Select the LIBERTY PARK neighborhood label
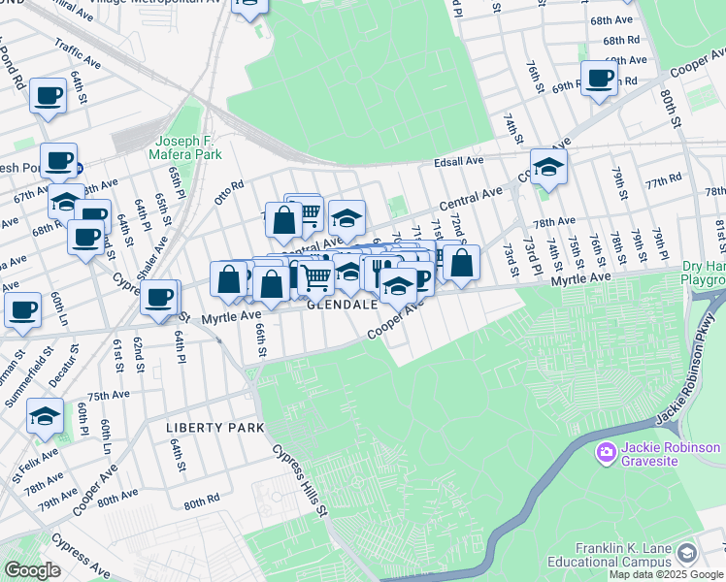tap(214, 428)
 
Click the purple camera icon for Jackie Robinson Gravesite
tap(608, 451)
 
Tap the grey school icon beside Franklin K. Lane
tap(687, 553)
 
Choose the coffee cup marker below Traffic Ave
tap(48, 96)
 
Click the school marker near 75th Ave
tap(45, 416)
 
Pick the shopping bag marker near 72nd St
tap(462, 262)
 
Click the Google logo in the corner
tap(32, 570)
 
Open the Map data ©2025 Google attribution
tap(665, 574)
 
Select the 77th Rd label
tap(664, 181)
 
